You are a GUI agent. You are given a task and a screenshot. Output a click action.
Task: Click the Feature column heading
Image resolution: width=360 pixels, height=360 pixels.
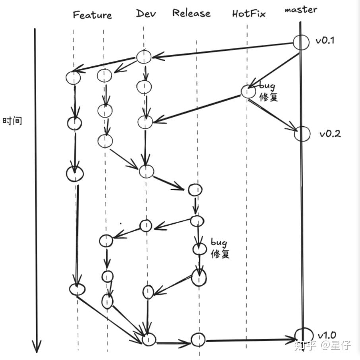[x=92, y=15]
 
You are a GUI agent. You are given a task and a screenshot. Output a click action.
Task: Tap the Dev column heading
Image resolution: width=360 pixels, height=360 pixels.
[x=146, y=14]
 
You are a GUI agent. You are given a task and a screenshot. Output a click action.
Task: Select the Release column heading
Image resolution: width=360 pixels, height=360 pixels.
[x=191, y=13]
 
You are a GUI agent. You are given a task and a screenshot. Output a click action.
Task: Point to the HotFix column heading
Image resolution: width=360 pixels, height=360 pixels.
[x=249, y=14]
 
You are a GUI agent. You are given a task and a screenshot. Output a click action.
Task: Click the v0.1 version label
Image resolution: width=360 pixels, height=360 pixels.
[x=325, y=40]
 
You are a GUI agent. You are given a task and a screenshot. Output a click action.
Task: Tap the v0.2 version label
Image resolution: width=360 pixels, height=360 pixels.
[x=330, y=134]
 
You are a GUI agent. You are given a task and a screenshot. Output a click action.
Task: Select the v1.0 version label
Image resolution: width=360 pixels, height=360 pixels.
[x=327, y=335]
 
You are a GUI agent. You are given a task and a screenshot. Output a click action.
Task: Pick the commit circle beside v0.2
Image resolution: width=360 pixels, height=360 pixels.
[x=302, y=134]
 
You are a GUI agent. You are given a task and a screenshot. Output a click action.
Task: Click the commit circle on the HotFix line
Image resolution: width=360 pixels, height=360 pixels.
[x=248, y=91]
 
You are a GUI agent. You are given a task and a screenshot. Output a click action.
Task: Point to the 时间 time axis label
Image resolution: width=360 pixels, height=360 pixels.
[x=12, y=121]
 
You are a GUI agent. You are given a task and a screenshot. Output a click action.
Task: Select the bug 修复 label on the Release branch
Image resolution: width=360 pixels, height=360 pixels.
[x=220, y=248]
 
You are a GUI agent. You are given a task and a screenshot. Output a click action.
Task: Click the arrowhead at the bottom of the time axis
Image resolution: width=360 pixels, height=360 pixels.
[x=37, y=346]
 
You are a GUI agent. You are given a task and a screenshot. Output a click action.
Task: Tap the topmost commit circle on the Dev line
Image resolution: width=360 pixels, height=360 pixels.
[x=144, y=57]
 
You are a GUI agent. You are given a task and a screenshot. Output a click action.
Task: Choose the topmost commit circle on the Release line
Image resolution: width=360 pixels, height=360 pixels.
[x=195, y=190]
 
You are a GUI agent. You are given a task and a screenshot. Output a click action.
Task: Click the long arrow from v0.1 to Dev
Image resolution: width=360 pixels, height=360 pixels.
[x=223, y=50]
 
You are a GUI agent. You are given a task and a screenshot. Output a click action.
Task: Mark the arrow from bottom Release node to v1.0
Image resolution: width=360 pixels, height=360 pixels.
[x=250, y=340]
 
